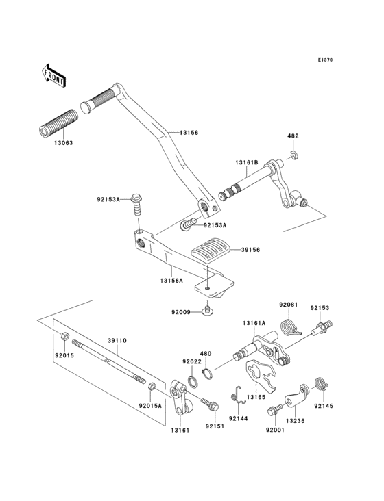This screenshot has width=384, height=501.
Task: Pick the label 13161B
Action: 246,163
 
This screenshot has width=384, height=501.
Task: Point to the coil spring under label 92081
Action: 289,329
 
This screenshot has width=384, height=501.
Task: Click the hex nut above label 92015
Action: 64,336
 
